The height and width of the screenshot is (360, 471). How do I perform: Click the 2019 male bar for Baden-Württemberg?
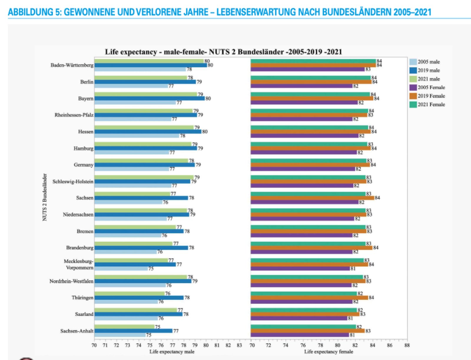click(150, 65)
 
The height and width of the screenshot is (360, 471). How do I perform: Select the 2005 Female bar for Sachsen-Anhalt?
click(300, 335)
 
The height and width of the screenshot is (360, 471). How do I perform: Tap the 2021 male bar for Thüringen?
click(130, 293)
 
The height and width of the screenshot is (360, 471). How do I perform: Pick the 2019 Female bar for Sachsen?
click(312, 198)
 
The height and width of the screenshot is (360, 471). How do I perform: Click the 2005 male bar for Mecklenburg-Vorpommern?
click(121, 268)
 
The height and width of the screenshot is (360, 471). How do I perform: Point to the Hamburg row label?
click(83, 148)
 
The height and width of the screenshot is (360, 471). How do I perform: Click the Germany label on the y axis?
click(83, 165)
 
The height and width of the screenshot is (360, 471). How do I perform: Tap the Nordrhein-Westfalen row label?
click(71, 281)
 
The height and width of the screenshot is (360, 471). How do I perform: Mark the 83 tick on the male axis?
click(239, 345)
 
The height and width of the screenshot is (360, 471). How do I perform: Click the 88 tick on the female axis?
click(407, 345)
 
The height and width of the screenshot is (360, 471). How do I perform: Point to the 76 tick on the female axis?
click(303, 345)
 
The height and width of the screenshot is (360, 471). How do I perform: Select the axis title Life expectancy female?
click(329, 352)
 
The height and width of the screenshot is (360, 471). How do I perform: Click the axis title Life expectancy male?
click(172, 352)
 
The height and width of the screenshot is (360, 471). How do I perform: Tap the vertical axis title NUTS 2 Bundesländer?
click(45, 197)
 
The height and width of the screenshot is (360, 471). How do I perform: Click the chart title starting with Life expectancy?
click(223, 52)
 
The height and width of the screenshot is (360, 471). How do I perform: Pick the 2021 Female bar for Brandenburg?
click(308, 244)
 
